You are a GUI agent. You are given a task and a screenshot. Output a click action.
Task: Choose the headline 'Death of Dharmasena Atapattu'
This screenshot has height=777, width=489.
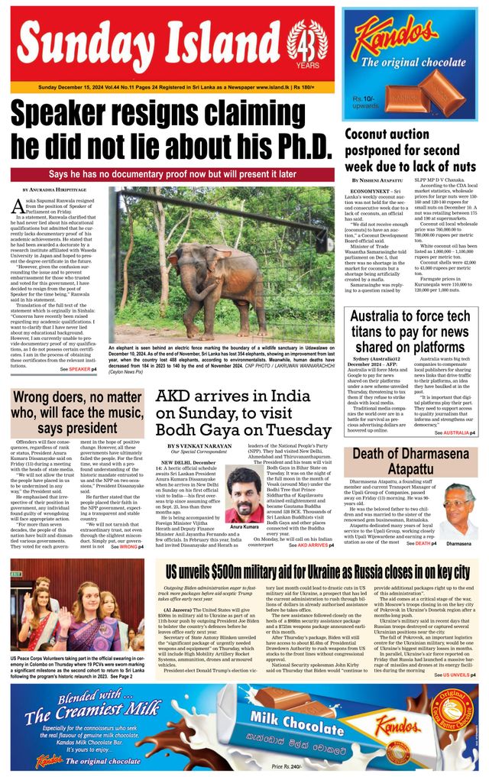pos(410,461)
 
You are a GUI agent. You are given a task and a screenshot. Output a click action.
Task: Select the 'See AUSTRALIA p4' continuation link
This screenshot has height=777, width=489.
pos(455,432)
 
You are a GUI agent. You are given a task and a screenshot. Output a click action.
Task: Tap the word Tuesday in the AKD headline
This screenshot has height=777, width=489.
pos(290,429)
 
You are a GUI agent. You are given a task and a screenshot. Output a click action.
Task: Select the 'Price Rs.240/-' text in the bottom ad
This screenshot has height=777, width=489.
pos(288,765)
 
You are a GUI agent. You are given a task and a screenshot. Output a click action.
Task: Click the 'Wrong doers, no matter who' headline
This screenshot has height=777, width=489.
pos(77,413)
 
